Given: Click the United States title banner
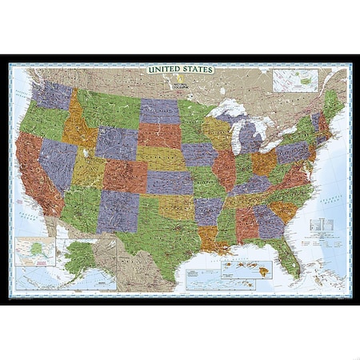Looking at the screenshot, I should [179, 70].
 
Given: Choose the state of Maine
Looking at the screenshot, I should [333, 105].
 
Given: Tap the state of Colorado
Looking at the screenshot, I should [124, 176].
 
